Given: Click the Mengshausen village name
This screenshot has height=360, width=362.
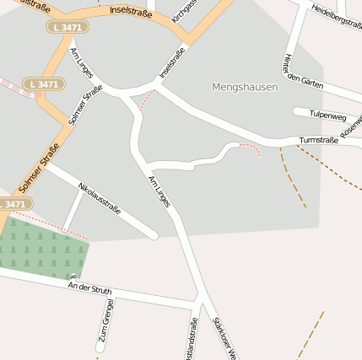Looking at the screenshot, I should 245,87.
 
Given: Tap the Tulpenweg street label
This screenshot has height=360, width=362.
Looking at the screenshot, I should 327,114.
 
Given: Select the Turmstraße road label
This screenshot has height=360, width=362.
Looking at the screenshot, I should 318,140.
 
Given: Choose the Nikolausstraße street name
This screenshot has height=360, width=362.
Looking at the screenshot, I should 100,198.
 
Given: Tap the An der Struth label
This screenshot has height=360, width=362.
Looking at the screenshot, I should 89,289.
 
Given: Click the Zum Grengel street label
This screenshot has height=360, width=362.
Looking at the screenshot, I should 105,325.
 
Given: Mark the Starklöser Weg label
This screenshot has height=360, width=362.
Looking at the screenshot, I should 223,337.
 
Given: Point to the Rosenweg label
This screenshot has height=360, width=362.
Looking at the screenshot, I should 351,126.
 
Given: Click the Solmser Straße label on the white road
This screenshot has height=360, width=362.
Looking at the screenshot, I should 85,105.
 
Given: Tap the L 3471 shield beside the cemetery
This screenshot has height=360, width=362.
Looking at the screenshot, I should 14,204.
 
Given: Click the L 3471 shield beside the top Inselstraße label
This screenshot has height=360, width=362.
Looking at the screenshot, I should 67,27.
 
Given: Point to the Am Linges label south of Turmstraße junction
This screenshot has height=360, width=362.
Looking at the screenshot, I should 159,193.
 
